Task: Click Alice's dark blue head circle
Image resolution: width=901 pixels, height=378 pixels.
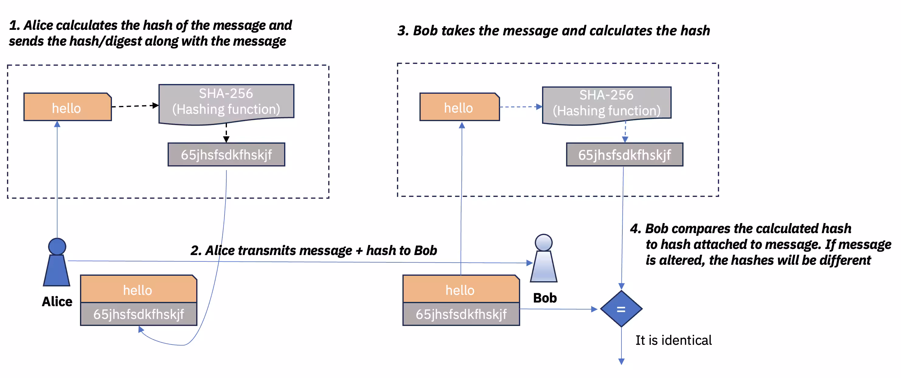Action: [x=57, y=247]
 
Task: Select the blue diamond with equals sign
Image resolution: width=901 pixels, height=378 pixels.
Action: [x=621, y=309]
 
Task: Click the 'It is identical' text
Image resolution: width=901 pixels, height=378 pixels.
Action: [x=673, y=340]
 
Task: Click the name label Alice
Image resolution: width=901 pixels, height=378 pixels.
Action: [x=57, y=301]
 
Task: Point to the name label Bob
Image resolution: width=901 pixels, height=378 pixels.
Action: [x=544, y=298]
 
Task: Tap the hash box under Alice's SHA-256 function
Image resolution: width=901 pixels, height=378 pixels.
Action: [x=226, y=155]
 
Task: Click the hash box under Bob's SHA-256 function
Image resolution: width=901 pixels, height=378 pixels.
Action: [x=624, y=155]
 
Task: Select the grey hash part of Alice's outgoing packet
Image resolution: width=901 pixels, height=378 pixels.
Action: [x=138, y=314]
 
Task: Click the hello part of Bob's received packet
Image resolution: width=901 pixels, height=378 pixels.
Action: [x=461, y=290]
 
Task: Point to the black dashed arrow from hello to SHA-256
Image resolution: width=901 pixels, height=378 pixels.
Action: [x=135, y=106]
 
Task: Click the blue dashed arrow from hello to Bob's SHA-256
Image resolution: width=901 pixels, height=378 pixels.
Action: [x=520, y=107]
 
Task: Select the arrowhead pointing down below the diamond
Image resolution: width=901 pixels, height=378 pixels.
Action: [x=621, y=361]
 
